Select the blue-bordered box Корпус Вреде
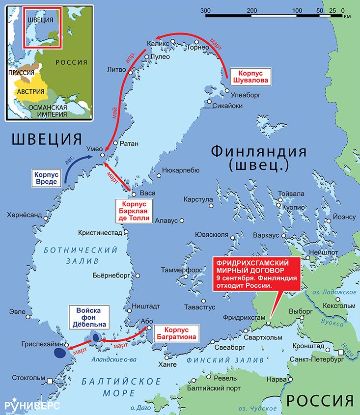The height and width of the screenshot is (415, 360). pyautogui.click(x=47, y=178)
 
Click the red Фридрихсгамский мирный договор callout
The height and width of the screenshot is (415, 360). pyautogui.click(x=255, y=275)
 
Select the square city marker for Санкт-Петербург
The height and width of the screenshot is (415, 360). pyautogui.click(x=341, y=352)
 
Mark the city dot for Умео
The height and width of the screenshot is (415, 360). pyautogui.click(x=103, y=155)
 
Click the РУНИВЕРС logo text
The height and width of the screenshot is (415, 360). pyautogui.click(x=32, y=405)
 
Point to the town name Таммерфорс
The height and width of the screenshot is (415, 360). pyautogui.click(x=181, y=270)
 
